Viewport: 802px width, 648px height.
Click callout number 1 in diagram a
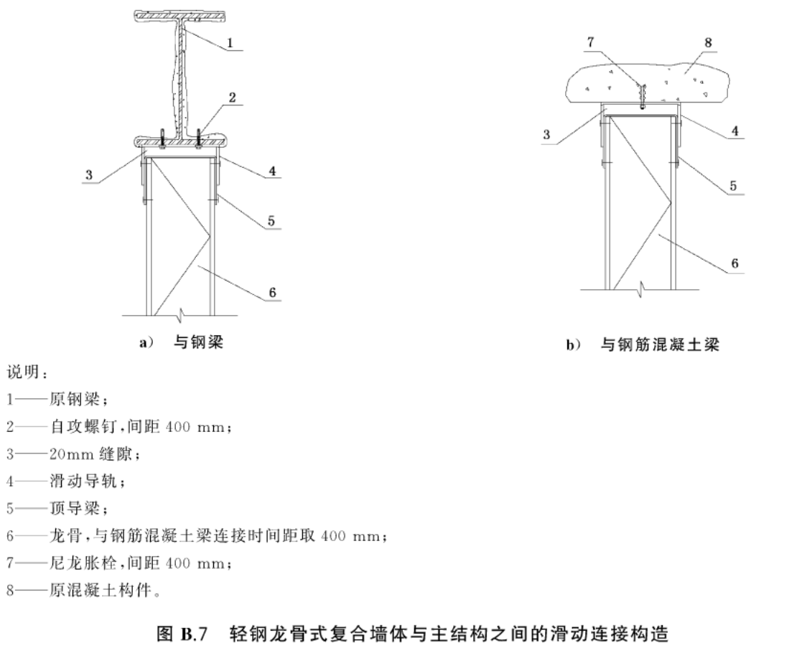230,43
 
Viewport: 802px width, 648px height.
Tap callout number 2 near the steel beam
232,98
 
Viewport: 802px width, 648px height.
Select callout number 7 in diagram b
591,42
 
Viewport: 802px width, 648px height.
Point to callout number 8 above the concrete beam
708,42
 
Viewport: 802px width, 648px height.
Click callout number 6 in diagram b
735,263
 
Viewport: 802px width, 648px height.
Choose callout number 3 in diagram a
89,175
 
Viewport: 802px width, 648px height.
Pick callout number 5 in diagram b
733,186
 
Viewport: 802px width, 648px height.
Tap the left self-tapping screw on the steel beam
162,139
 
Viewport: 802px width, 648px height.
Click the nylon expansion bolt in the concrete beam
641,95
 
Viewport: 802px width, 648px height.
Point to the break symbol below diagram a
179,316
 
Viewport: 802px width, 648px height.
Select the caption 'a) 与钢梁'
182,342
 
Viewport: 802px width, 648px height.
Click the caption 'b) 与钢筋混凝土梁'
643,345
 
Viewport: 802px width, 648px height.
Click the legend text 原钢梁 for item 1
74,399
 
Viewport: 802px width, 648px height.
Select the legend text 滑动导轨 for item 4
83,481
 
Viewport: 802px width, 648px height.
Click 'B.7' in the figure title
194,634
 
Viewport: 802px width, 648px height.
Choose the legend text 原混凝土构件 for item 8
101,591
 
